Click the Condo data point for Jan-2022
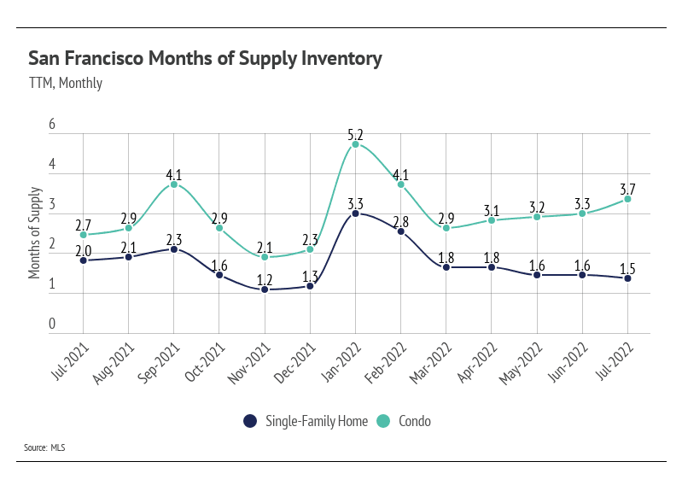[x=355, y=144]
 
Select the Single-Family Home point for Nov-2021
[x=265, y=289]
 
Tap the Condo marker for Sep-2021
[x=174, y=184]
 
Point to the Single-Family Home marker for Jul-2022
[x=627, y=278]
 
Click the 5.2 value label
[x=355, y=134]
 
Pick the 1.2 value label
[x=265, y=279]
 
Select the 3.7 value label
[x=627, y=189]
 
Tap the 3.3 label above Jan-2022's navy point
[x=355, y=203]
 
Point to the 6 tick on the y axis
[x=52, y=125]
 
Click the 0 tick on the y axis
[x=52, y=324]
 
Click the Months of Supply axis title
[x=35, y=231]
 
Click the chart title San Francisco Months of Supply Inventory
[x=205, y=59]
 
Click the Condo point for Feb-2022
[x=400, y=184]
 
